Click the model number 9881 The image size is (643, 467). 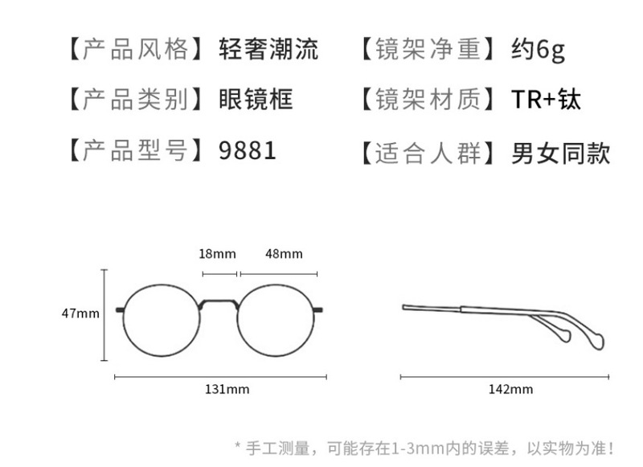[248, 150]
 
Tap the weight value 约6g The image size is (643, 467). [539, 50]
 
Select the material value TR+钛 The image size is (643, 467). [546, 100]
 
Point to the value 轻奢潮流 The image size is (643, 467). [268, 50]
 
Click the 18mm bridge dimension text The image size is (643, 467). [217, 254]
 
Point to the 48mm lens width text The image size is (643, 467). [284, 254]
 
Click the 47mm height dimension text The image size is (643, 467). [80, 313]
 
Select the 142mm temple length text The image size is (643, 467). [511, 390]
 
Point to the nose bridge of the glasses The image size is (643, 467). [219, 303]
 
